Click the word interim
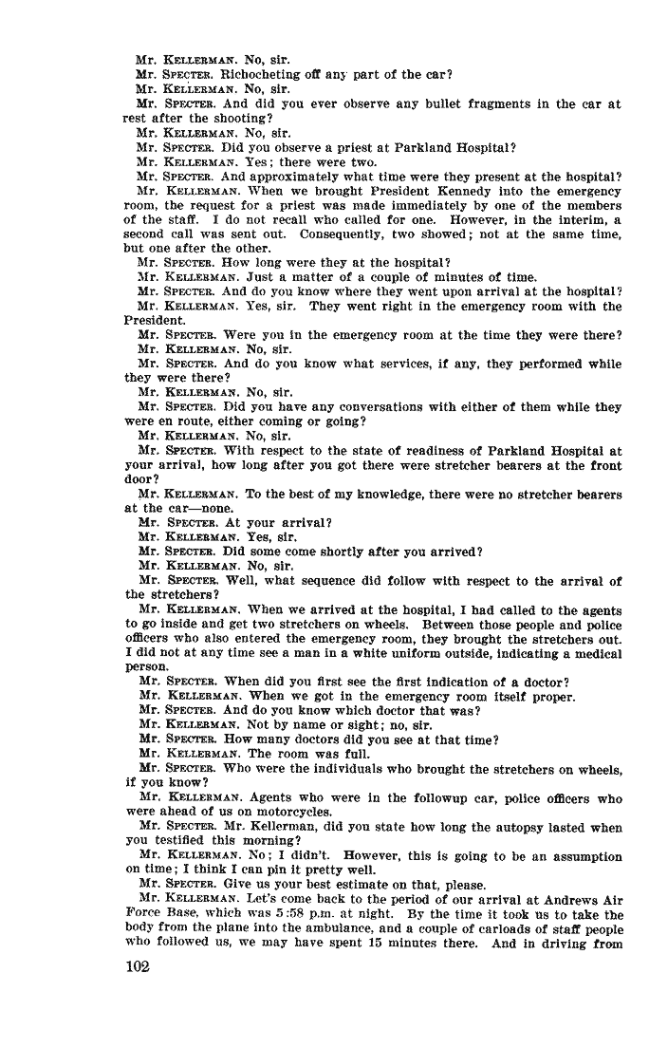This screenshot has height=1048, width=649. (x=549, y=219)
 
